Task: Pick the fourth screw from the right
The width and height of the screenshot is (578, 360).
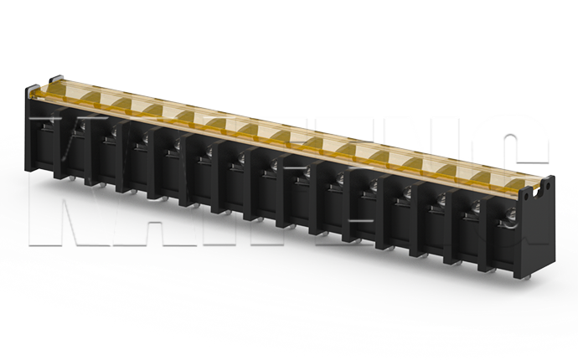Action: point(405,191)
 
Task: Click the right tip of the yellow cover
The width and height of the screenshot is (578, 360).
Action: point(550,177)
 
